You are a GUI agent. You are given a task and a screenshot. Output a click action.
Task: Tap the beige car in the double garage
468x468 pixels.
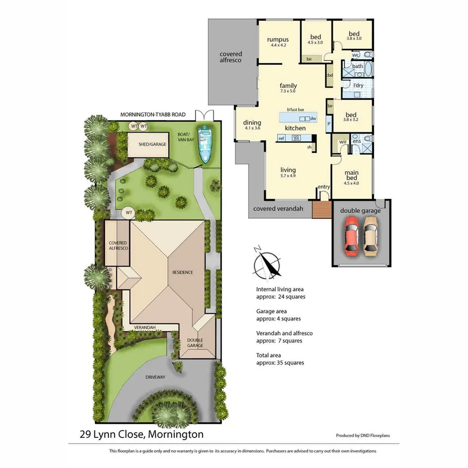[x=371, y=235]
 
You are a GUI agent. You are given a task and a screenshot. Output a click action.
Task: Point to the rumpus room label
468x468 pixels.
[x=278, y=39]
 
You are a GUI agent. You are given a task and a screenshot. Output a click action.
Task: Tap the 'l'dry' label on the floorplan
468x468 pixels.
[x=358, y=85]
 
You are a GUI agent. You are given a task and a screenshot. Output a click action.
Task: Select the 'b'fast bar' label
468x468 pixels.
[x=296, y=109]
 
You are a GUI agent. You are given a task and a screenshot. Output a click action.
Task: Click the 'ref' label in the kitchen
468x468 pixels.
[x=281, y=138]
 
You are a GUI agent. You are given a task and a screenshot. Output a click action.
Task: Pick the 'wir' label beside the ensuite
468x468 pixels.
[x=343, y=142]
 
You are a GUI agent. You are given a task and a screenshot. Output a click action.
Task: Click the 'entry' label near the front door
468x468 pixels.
[x=324, y=187]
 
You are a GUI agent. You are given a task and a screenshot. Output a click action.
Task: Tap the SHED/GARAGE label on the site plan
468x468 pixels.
[x=152, y=144]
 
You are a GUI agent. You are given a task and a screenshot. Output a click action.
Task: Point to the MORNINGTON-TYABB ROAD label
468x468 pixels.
[x=153, y=114]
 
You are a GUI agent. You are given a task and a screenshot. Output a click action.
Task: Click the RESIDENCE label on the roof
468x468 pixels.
[x=183, y=272]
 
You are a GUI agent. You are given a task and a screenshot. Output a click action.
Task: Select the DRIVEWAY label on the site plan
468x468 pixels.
[x=156, y=377]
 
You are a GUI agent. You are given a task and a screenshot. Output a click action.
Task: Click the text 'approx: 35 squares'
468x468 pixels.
[x=280, y=363]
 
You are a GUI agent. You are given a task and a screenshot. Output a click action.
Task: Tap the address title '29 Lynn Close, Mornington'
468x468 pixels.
[x=142, y=434]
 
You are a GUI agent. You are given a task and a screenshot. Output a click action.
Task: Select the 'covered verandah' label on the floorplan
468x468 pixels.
[x=278, y=208]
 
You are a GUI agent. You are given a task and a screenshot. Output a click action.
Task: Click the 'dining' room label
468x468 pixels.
[x=252, y=123]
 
